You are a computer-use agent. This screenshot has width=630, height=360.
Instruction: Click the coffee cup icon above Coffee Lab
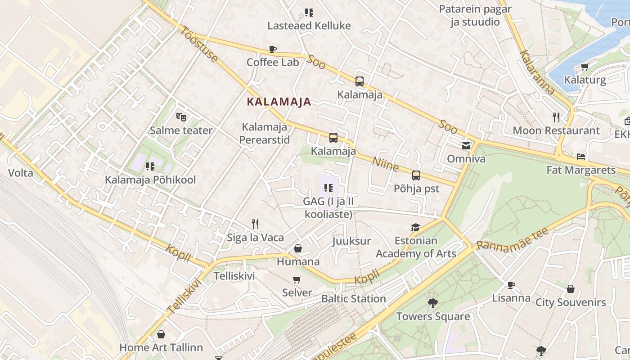[x=272, y=49]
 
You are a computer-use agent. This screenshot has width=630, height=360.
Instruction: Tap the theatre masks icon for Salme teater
[x=181, y=117]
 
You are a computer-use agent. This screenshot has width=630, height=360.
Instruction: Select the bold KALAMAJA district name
[x=279, y=102]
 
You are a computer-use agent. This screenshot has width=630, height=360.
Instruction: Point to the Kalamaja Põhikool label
[x=150, y=180]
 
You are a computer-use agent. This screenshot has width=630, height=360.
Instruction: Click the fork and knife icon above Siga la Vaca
[x=255, y=224]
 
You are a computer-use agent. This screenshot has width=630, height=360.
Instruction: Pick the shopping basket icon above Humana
[x=297, y=248]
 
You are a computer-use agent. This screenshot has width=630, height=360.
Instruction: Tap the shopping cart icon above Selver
[x=297, y=279]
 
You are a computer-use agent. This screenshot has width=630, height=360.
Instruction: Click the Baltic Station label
[x=353, y=299]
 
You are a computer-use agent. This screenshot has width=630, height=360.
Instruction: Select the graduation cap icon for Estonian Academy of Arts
[x=415, y=228]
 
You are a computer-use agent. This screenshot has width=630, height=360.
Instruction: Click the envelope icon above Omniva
[x=466, y=145]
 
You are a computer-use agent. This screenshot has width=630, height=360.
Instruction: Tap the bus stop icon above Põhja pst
[x=416, y=175]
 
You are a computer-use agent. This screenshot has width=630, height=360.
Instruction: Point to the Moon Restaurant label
[x=556, y=130]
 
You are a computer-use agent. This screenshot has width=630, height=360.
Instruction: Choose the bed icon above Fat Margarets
[x=581, y=157]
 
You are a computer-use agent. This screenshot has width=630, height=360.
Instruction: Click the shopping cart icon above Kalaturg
[x=585, y=67]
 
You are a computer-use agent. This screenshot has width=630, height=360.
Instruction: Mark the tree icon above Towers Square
[x=433, y=303]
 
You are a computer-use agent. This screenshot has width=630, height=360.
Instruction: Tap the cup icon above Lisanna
[x=511, y=284]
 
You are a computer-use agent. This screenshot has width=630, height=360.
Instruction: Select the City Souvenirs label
[x=571, y=302]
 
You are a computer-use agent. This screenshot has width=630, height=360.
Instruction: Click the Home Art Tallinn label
[x=161, y=347]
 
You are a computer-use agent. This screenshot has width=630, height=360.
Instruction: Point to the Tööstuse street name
[x=199, y=44]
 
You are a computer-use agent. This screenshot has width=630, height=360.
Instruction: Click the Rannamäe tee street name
[x=512, y=238]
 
